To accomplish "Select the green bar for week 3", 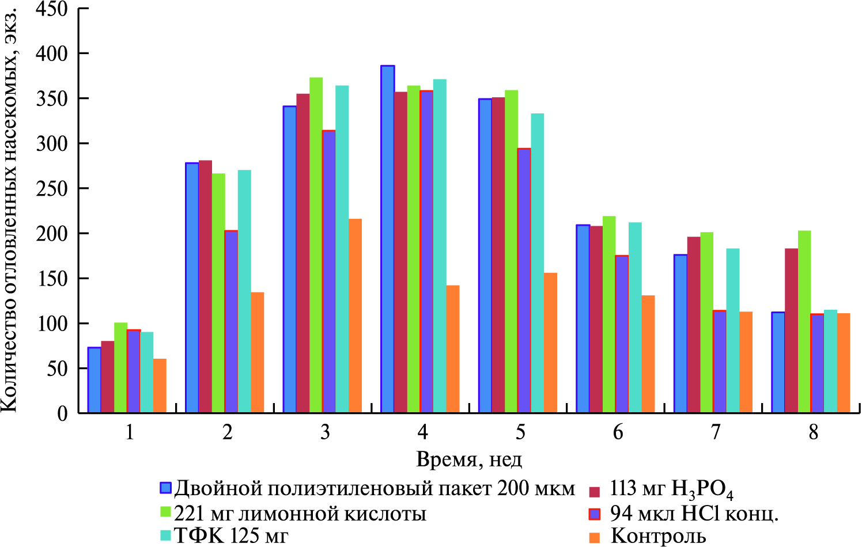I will click(x=316, y=245).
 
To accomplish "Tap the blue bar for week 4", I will click(x=387, y=239).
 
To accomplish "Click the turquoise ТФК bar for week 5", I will click(x=537, y=263).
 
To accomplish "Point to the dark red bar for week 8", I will click(x=791, y=331).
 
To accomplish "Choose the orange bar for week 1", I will click(x=160, y=386).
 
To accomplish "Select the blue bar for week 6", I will click(x=583, y=318).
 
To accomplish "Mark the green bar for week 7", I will click(x=706, y=322).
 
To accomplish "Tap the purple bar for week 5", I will click(x=524, y=280).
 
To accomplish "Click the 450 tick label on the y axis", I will click(x=51, y=9).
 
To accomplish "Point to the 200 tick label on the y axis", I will click(x=51, y=233).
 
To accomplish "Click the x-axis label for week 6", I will click(x=618, y=432).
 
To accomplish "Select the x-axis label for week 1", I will click(x=130, y=432).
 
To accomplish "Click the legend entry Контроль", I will click(x=657, y=536).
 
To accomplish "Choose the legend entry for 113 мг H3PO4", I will click(x=671, y=490).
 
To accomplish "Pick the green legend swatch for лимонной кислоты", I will click(x=166, y=512).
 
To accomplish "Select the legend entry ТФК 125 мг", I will click(x=231, y=536).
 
